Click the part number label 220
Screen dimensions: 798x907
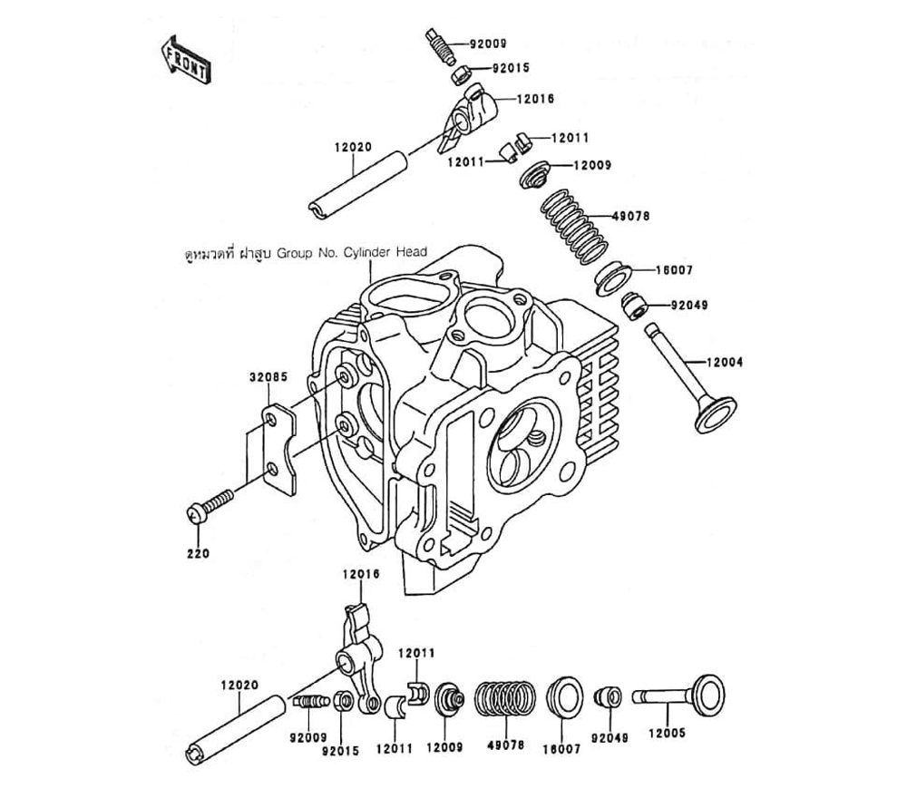point(199,553)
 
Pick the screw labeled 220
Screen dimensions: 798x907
point(210,504)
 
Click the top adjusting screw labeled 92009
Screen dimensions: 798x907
point(438,45)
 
